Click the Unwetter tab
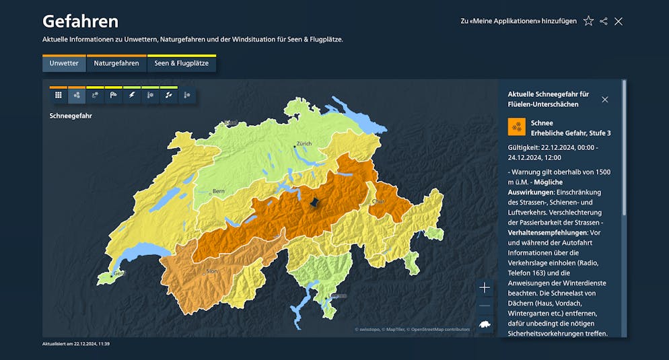click(64, 63)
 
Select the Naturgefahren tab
click(116, 63)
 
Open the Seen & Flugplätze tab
click(181, 63)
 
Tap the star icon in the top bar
click(588, 21)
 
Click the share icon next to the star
click(604, 21)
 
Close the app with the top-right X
click(619, 21)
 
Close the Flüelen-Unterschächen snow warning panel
click(604, 100)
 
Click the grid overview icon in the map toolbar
click(59, 95)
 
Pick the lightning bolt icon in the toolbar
click(132, 95)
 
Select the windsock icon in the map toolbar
click(114, 95)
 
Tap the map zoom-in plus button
click(485, 287)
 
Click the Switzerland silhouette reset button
click(485, 324)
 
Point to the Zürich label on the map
click(304, 143)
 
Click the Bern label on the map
click(219, 191)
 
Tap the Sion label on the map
click(211, 271)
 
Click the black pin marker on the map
click(314, 202)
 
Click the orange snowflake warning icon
click(517, 127)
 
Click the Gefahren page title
click(80, 21)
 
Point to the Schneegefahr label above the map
click(71, 116)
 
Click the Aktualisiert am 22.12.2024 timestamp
click(76, 344)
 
